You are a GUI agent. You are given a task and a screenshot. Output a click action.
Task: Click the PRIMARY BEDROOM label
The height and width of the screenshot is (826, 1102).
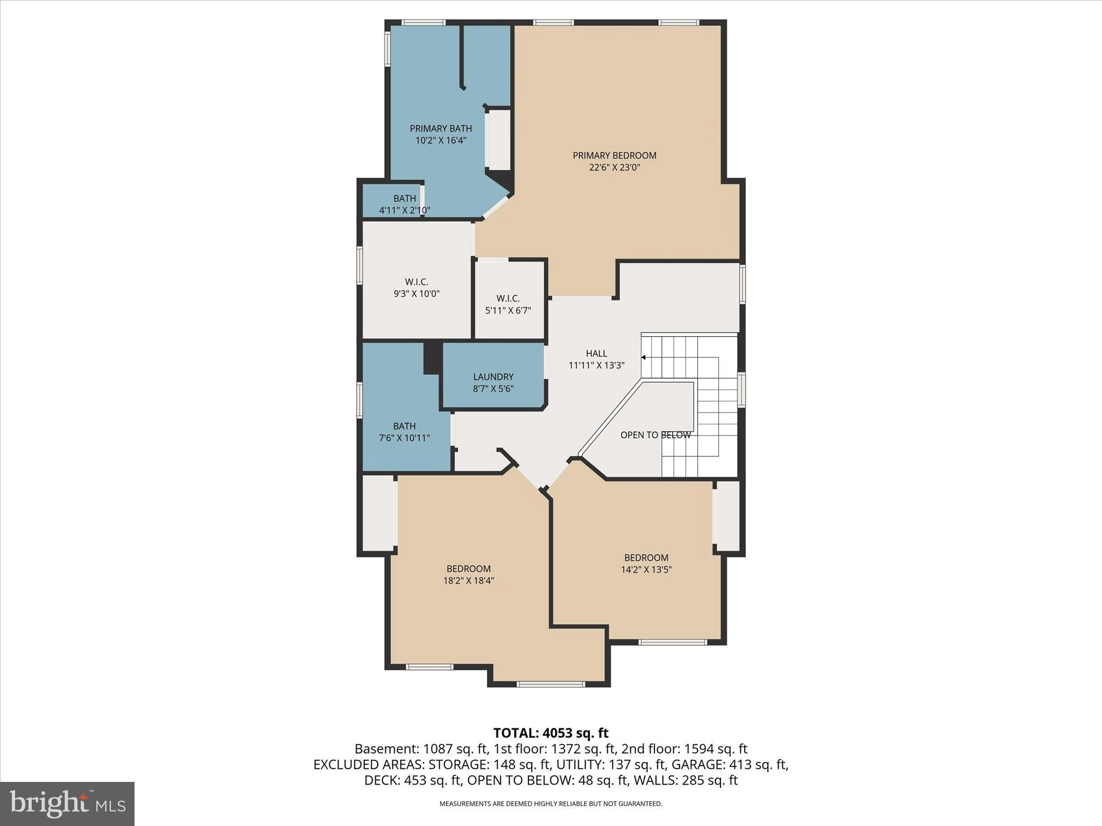614,155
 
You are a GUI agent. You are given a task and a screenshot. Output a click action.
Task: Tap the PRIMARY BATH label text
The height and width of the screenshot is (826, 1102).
440,129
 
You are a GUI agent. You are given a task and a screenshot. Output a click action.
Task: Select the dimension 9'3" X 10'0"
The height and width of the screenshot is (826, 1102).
416,294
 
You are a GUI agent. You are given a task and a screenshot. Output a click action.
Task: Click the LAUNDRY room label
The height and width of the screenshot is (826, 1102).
493,377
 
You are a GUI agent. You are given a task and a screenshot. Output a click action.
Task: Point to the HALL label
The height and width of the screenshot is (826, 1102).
596,353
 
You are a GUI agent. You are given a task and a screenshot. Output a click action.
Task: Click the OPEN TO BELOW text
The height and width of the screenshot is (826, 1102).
655,435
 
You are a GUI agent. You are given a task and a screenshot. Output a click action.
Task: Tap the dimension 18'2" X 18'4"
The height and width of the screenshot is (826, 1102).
468,580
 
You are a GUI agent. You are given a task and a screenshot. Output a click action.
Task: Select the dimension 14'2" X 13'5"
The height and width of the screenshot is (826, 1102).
646,569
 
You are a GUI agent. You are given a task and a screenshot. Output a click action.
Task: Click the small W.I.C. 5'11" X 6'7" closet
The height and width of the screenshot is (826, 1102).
508,304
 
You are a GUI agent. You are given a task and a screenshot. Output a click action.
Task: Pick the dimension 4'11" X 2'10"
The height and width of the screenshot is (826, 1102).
404,210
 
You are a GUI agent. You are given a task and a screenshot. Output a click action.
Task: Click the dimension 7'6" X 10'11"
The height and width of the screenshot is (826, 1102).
404,438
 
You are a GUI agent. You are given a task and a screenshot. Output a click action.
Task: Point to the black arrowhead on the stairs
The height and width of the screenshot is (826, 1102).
643,357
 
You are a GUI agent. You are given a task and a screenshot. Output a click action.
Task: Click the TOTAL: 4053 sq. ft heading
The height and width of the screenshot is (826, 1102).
550,733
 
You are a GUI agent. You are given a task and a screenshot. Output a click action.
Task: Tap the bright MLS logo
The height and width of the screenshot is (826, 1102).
67,803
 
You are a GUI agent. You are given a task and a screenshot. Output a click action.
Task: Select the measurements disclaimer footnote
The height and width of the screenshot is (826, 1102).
550,804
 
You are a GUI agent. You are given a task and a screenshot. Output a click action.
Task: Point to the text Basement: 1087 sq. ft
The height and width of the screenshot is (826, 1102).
421,749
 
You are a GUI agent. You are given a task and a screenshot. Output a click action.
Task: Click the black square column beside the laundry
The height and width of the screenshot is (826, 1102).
432,358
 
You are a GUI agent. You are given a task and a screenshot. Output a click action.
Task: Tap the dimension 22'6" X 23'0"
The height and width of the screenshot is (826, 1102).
614,167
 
